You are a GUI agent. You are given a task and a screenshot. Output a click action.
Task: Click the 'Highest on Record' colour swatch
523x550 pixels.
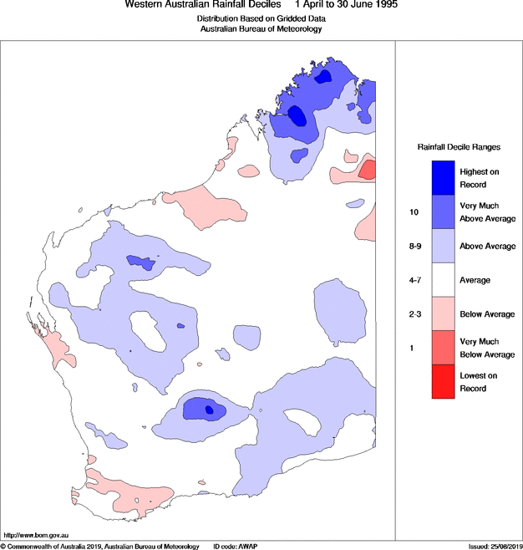442,177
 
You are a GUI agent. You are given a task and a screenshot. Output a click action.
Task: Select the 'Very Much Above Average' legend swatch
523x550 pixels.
442,212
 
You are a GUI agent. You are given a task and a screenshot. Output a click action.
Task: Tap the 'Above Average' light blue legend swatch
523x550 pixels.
442,247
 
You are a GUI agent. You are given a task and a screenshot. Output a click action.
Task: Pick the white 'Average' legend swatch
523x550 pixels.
442,280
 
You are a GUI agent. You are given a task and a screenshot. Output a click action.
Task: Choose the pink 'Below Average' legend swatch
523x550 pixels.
442,313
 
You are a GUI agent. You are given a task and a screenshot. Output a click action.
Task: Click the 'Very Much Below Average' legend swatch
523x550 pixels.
442,348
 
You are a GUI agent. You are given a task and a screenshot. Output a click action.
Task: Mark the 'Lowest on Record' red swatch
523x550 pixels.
442,382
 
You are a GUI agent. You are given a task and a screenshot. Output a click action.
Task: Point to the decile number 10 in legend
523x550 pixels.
413,212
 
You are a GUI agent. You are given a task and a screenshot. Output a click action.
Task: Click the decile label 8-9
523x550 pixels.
414,247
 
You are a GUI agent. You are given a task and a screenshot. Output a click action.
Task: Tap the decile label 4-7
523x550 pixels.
414,280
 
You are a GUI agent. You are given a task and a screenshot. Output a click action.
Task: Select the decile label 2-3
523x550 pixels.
414,313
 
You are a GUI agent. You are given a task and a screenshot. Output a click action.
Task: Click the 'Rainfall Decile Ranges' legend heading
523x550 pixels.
458,146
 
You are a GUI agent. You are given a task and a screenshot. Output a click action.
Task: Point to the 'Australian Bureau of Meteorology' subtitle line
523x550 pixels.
261,28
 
